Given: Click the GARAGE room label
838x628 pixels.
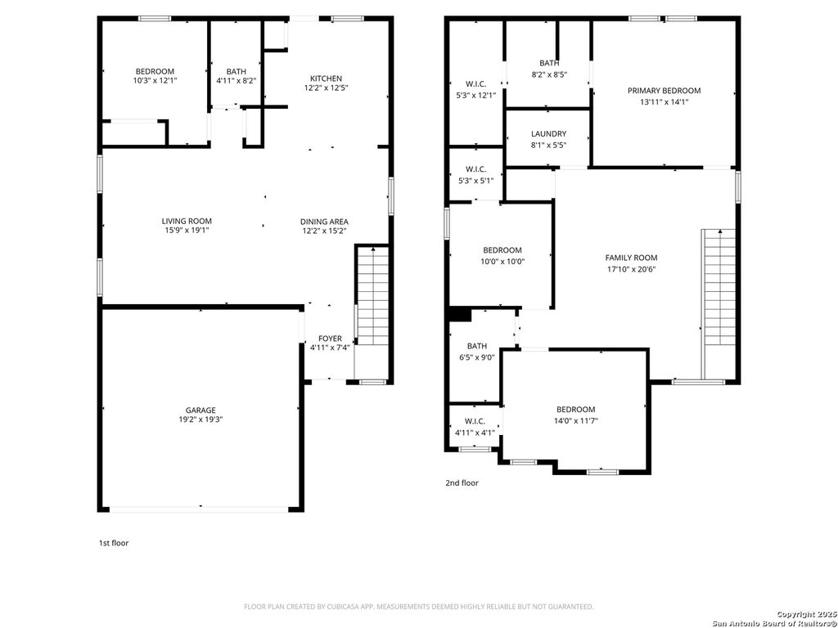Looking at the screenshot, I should [x=200, y=410].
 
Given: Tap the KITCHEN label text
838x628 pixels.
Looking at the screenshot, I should [x=326, y=78].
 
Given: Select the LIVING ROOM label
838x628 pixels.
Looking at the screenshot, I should [x=187, y=221].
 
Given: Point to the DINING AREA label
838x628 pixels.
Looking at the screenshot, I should [x=325, y=222].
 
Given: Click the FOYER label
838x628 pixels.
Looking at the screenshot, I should [x=330, y=338].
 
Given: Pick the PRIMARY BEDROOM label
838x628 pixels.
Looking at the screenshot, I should [x=664, y=91].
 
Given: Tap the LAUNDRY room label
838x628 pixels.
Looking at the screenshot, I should [x=548, y=134].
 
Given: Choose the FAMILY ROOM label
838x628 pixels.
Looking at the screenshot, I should [x=631, y=258].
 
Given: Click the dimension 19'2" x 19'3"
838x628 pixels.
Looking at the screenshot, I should [x=200, y=419].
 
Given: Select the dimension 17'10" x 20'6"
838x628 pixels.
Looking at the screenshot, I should [x=631, y=269].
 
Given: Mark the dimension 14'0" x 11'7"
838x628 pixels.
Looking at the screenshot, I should [x=576, y=420].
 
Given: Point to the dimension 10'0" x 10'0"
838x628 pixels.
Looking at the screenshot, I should [x=502, y=262].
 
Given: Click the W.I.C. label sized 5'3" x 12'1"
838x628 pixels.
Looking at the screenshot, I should [x=475, y=83].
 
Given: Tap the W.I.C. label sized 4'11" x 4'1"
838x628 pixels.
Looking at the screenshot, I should [x=475, y=421].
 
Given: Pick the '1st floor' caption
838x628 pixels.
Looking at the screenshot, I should [x=113, y=543].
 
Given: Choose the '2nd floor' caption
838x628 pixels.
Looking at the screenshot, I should [x=462, y=483].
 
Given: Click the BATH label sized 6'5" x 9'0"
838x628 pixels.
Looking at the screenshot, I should [x=477, y=346].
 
